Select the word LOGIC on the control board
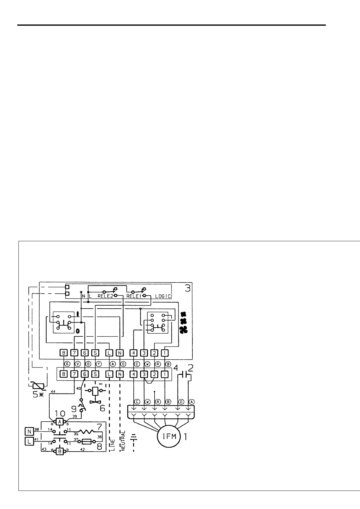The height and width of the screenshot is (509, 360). [163, 296]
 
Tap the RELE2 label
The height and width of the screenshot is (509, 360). [105, 296]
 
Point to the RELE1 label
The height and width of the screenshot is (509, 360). [134, 296]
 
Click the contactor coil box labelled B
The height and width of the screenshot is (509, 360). [60, 452]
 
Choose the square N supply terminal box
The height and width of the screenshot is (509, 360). [30, 430]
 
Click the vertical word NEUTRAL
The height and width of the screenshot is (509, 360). [123, 441]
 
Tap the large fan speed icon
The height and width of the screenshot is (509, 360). [183, 420]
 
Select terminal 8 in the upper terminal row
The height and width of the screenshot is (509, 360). [64, 352]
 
